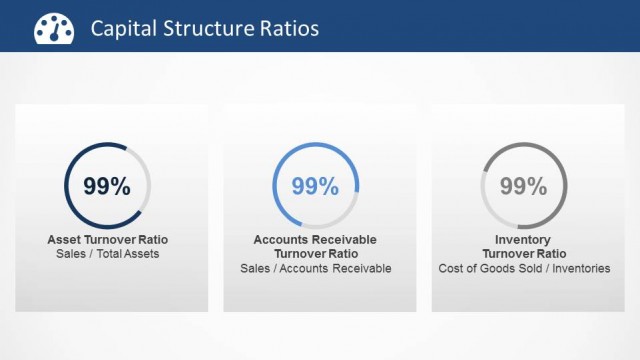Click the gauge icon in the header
(51, 29)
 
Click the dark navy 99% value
(107, 186)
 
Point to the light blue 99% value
(315, 186)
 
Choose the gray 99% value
(523, 186)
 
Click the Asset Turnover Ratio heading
(108, 240)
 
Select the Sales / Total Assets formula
(108, 254)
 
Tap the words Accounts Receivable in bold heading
(315, 240)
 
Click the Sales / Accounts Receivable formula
(315, 268)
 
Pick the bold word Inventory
(524, 240)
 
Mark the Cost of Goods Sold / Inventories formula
(524, 268)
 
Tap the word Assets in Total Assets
(141, 254)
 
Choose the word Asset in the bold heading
(64, 240)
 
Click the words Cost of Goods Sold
(484, 268)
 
